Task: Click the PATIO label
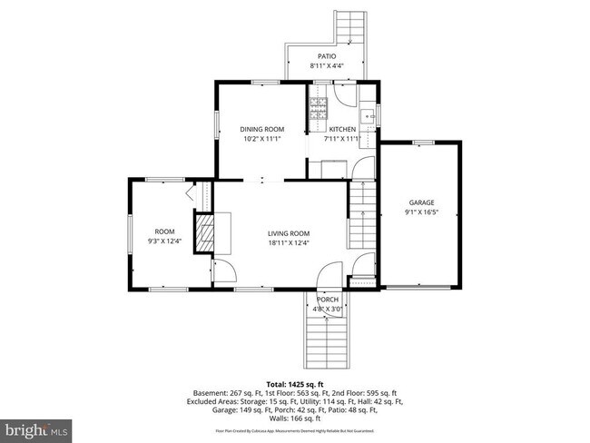(327, 56)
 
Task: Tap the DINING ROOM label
(262, 129)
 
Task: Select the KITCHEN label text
(342, 129)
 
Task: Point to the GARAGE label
(420, 202)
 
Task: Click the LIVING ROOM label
(288, 233)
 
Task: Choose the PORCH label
(327, 300)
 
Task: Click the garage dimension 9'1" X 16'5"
(420, 212)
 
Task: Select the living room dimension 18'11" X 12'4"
(288, 242)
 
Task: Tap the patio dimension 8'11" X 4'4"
(327, 65)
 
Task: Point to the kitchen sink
(368, 115)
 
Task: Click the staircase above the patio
(351, 26)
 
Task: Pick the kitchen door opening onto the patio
(338, 91)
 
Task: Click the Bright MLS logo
(36, 428)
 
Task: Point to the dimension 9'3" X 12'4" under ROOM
(164, 241)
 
